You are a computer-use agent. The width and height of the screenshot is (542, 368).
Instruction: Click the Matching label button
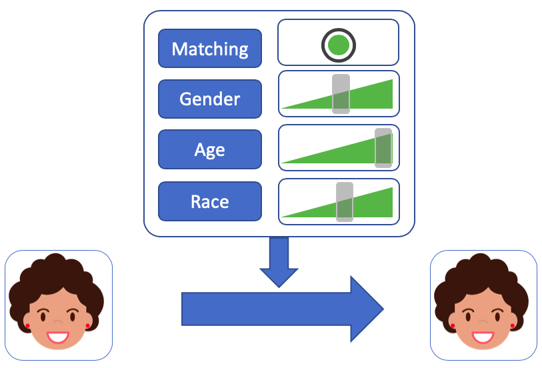pos(209,49)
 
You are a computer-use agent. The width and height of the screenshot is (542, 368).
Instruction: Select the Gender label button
pos(209,99)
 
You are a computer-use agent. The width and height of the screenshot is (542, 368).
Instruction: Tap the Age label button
pos(209,150)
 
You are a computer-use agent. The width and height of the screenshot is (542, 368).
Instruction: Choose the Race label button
pos(209,201)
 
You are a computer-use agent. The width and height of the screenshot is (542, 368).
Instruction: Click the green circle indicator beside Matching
pos(339,45)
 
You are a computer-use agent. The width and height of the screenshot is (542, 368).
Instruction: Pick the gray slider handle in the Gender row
pos(341,94)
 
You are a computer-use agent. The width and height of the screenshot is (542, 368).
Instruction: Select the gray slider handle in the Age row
pos(383,147)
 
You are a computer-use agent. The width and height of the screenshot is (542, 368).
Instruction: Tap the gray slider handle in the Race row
pos(344,201)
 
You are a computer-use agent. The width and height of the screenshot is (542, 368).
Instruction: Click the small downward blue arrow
pos(278,261)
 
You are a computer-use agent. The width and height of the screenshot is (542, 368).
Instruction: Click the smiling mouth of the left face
pos(57,335)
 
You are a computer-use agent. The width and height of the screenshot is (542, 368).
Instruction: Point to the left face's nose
pos(57,322)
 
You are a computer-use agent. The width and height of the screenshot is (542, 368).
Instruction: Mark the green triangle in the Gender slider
pos(370,98)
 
